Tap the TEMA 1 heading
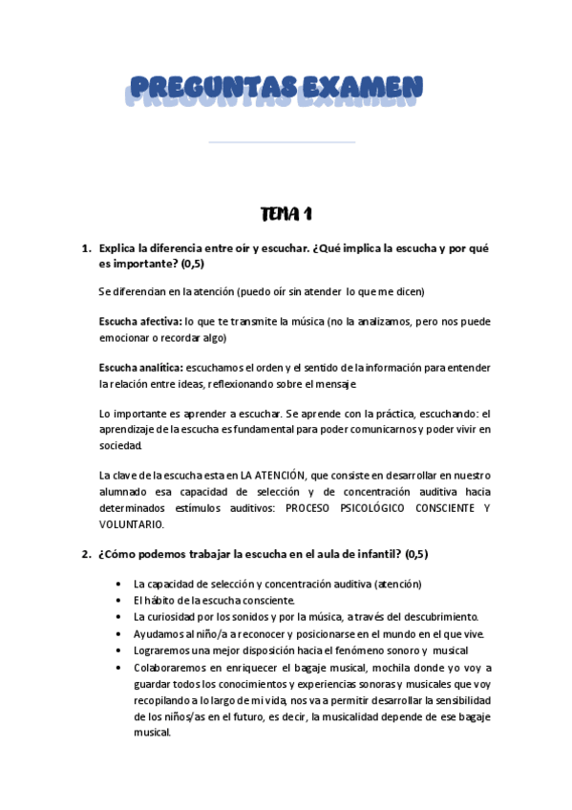286,212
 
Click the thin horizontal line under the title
282,142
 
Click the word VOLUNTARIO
131,523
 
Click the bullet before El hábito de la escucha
117,600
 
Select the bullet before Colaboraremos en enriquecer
117,669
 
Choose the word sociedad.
120,446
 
